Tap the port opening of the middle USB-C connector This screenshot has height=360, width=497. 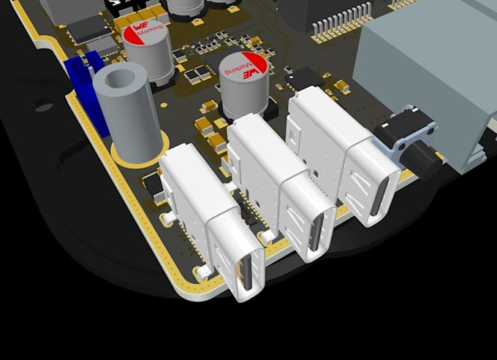click(x=316, y=234)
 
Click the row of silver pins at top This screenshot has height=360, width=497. click(x=341, y=23)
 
